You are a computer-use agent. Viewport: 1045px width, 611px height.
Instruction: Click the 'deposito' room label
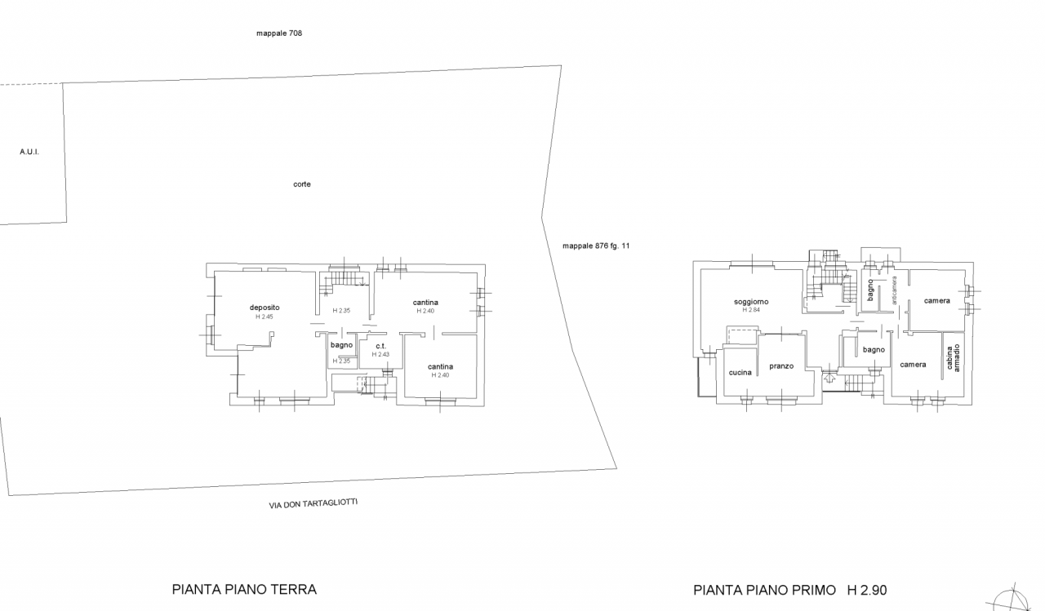[x=265, y=308]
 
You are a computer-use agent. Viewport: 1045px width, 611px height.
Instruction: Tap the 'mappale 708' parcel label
[x=279, y=33]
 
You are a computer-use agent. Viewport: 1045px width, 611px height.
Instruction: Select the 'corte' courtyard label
[x=302, y=184]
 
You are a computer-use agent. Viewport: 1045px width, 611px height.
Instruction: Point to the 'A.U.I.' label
[x=29, y=152]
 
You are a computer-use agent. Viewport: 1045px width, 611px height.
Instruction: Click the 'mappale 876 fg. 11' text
[x=596, y=246]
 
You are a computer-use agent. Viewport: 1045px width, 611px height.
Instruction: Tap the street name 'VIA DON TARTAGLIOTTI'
[x=313, y=503]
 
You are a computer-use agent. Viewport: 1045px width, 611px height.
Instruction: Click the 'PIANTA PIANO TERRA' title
[x=244, y=590]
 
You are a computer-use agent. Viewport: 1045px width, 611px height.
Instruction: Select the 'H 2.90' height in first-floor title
[x=867, y=590]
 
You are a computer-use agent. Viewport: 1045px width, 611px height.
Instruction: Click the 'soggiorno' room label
[x=751, y=302]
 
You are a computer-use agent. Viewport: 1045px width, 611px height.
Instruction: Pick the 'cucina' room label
[x=740, y=372]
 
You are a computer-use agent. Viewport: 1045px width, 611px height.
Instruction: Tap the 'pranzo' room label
[x=781, y=366]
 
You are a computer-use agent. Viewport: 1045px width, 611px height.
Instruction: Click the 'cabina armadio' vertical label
[x=953, y=357]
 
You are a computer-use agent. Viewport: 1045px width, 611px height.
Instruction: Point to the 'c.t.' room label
[x=380, y=346]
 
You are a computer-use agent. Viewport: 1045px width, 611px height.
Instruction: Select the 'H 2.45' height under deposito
[x=264, y=317]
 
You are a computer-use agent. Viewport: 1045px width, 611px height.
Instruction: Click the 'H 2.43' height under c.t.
[x=380, y=354]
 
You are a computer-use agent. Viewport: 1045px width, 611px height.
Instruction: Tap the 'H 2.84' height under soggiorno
[x=751, y=310]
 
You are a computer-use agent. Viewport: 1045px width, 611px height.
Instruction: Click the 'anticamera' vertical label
[x=894, y=290]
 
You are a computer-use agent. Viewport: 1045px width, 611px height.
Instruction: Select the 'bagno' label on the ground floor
[x=341, y=345]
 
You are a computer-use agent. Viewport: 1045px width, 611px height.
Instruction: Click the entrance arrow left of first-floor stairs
[x=829, y=375]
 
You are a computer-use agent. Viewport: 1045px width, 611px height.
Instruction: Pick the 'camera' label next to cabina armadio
[x=913, y=365]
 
